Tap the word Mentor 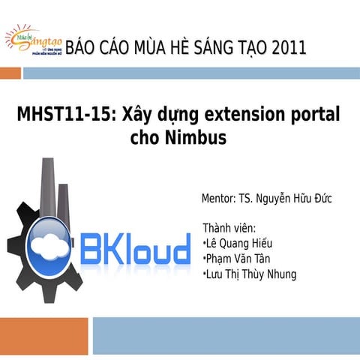click(218, 199)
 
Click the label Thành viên click(229, 228)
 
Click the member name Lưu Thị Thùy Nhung click(251, 274)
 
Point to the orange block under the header click(10, 73)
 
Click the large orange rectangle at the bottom click(45, 337)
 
